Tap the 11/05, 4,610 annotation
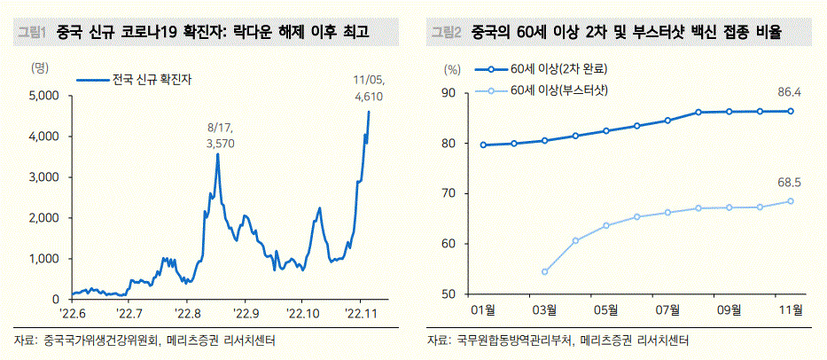[x=368, y=89]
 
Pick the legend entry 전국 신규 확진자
[x=134, y=80]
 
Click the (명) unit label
[x=41, y=67]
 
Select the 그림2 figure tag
[x=446, y=33]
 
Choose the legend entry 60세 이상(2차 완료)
[x=542, y=68]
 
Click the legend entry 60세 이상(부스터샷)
[x=542, y=90]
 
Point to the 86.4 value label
[x=790, y=93]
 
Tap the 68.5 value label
[x=790, y=184]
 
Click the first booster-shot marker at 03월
[x=545, y=272]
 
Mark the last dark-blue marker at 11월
[x=791, y=111]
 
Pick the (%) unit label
[x=453, y=68]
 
